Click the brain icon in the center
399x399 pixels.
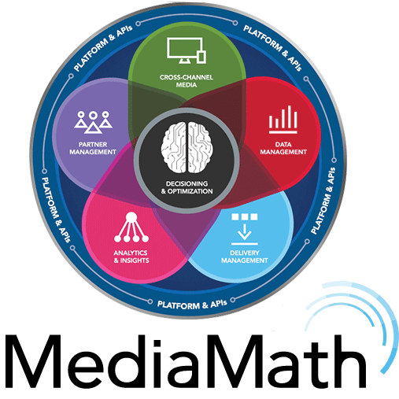187,147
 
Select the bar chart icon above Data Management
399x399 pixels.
283,120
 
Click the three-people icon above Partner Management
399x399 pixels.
93,122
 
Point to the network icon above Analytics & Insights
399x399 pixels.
131,227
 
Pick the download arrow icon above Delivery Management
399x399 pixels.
245,229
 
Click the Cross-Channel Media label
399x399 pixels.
187,81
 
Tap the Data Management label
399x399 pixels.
283,148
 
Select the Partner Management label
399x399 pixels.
93,148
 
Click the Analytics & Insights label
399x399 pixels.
131,257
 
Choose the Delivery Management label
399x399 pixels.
245,257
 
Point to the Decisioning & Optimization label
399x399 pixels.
187,187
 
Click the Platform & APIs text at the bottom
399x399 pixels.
192,305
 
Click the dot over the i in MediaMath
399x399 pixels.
157,344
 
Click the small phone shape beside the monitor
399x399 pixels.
201,57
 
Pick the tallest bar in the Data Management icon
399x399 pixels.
290,116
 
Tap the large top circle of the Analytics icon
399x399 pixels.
131,217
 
